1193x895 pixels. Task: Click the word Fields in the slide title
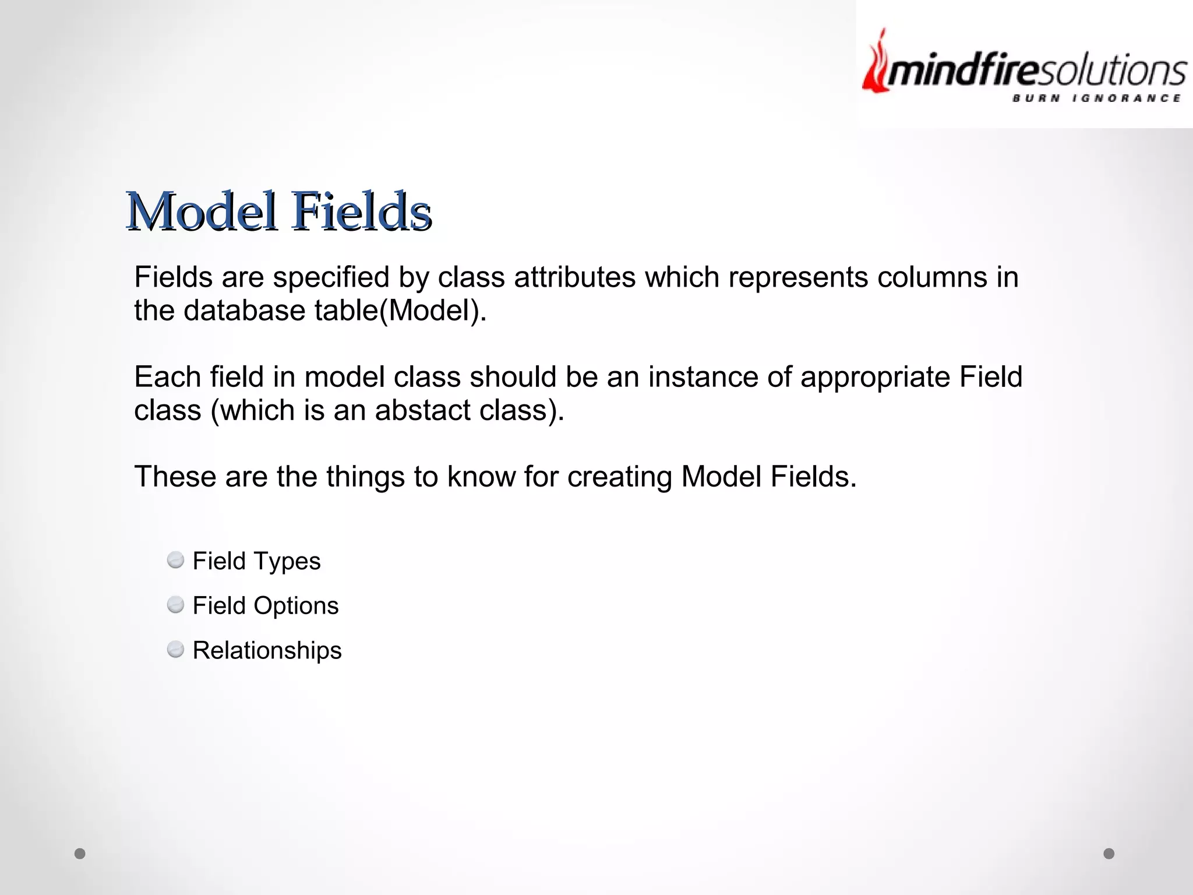point(362,211)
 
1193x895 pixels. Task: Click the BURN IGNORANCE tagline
point(1096,98)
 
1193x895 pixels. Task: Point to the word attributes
point(574,277)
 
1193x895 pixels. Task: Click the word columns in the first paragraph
point(932,277)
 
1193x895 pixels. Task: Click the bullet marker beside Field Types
point(175,561)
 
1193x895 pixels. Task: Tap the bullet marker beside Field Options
point(175,605)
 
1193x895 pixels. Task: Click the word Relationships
point(267,650)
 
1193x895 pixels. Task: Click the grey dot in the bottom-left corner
point(80,854)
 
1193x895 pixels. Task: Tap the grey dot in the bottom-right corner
point(1109,854)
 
